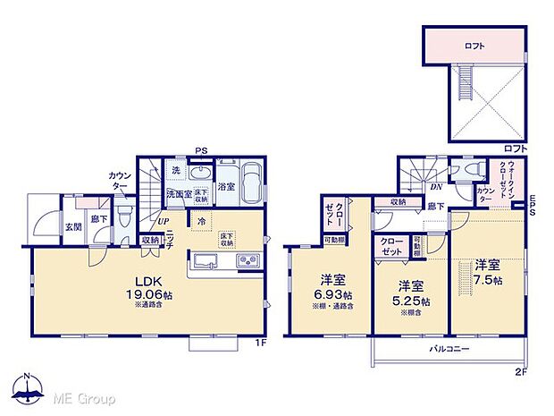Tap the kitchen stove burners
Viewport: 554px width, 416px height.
point(247,260)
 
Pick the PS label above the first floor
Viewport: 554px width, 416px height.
point(204,151)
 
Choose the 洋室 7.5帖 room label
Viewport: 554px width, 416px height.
point(487,271)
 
